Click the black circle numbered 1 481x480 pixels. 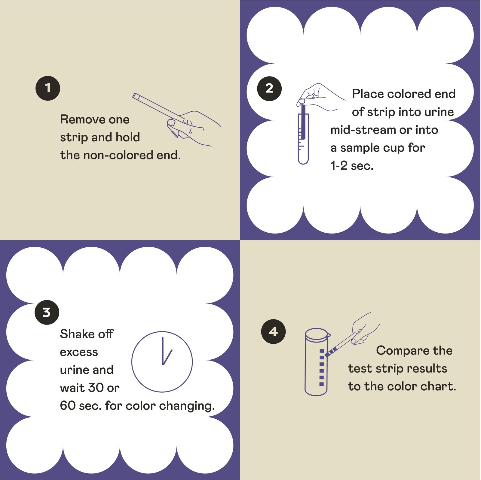tap(48, 88)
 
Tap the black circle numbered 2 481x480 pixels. tap(269, 88)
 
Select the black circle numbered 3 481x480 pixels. tap(47, 312)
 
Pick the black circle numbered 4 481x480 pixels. tap(273, 331)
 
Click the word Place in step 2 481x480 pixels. tap(368, 94)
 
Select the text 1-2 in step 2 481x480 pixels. tap(339, 165)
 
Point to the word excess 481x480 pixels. tap(79, 352)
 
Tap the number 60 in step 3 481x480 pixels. tap(68, 406)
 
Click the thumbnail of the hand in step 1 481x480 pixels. tap(171, 122)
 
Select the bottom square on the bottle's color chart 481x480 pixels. tap(321, 384)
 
